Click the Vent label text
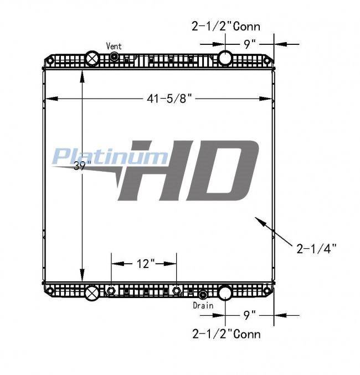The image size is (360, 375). [114, 46]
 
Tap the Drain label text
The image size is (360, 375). [203, 305]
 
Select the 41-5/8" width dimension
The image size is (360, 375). [169, 99]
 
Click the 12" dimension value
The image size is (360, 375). [146, 264]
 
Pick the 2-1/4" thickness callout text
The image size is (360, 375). [316, 249]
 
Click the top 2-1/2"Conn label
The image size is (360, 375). [226, 26]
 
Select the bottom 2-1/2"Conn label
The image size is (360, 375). [227, 334]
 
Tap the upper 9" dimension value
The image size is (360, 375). [250, 44]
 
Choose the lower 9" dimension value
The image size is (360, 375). [250, 315]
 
